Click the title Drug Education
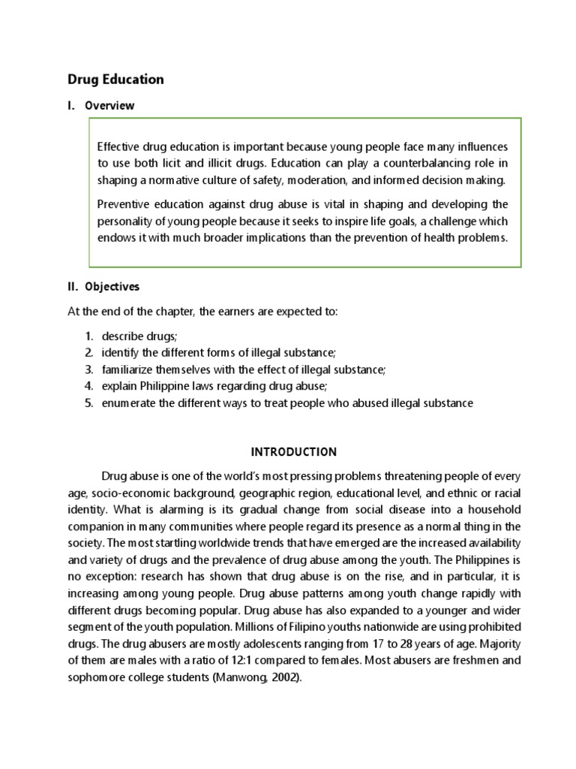point(115,79)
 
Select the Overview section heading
point(109,106)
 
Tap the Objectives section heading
point(112,287)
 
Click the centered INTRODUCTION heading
point(293,452)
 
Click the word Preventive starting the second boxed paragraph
point(123,204)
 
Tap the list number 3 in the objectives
point(88,369)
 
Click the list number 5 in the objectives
point(88,403)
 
